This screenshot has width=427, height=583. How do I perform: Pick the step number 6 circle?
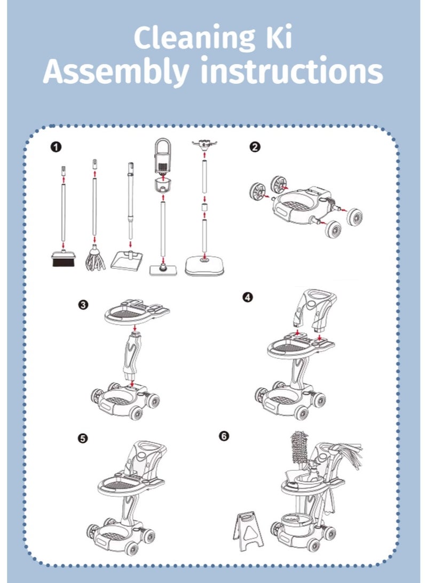pyautogui.click(x=224, y=436)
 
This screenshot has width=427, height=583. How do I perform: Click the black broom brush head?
pyautogui.click(x=62, y=259)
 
